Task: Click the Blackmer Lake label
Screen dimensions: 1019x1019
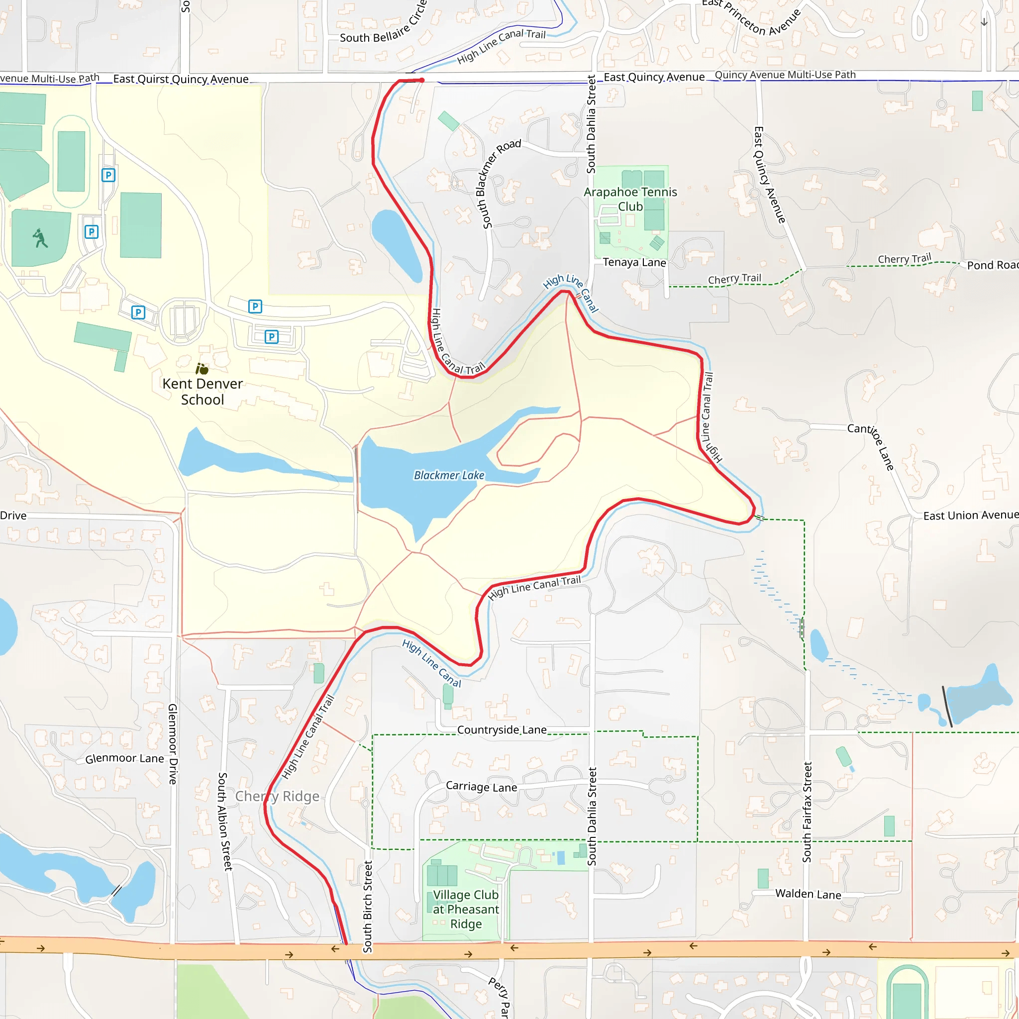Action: click(449, 475)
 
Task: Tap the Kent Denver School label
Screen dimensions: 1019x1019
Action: click(203, 392)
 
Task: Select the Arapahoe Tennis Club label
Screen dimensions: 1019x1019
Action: click(630, 199)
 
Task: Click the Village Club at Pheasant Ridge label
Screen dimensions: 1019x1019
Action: click(466, 910)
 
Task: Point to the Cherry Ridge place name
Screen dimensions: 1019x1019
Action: click(278, 796)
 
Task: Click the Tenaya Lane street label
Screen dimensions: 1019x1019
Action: click(634, 262)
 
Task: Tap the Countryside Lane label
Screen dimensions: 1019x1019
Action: click(502, 730)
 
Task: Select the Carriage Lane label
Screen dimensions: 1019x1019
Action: click(482, 787)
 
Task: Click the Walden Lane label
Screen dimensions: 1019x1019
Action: click(808, 894)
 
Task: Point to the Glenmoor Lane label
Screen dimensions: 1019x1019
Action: click(124, 758)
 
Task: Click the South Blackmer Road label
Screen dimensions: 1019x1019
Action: click(500, 184)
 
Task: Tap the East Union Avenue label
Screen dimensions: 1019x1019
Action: click(970, 515)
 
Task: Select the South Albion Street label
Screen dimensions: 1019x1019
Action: click(224, 821)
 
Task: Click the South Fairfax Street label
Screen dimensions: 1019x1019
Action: click(807, 812)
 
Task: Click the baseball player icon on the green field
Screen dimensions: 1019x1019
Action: click(40, 238)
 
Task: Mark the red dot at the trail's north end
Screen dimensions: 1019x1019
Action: click(422, 80)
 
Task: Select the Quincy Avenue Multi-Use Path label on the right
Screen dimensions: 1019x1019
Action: click(785, 75)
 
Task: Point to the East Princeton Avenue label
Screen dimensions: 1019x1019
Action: click(752, 17)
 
